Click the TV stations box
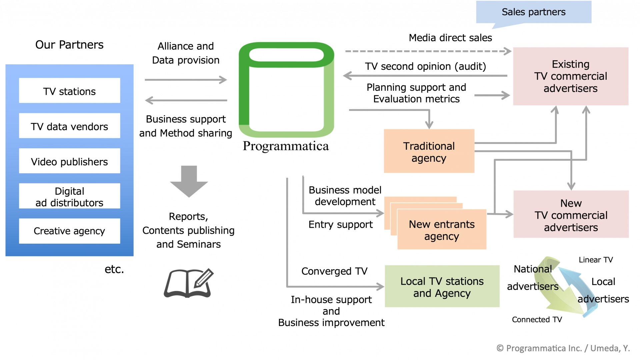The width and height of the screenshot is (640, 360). tap(69, 91)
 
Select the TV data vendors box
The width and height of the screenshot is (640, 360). tap(69, 126)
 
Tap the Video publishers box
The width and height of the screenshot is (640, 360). tap(69, 161)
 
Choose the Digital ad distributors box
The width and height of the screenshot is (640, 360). tap(69, 196)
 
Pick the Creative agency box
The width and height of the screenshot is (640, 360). tap(69, 231)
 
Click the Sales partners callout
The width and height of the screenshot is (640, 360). tap(533, 12)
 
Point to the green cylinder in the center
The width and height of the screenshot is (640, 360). tap(286, 90)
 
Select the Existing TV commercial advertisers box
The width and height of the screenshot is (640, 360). tap(571, 76)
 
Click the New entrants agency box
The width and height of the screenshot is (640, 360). tap(442, 230)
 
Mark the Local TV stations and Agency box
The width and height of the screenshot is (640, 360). tap(442, 286)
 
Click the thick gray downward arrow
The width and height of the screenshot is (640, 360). tap(189, 181)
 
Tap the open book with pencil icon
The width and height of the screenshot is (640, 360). tap(189, 283)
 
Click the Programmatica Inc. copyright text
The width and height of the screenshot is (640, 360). tap(563, 348)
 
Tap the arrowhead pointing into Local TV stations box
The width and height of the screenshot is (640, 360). tap(380, 286)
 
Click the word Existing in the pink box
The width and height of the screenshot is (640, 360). tap(571, 64)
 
